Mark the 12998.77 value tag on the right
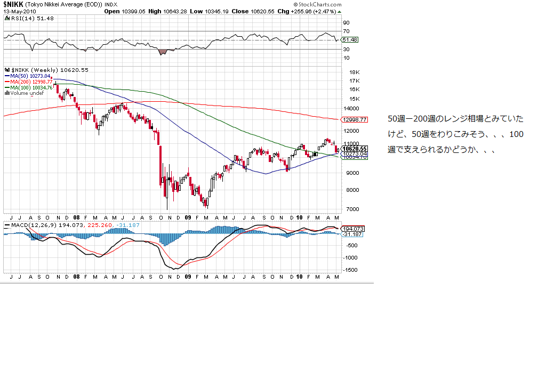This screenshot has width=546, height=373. [x=355, y=119]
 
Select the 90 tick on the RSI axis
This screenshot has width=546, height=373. [x=346, y=23]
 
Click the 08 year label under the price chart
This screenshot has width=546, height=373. [x=77, y=217]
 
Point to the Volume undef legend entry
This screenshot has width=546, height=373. [x=25, y=93]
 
